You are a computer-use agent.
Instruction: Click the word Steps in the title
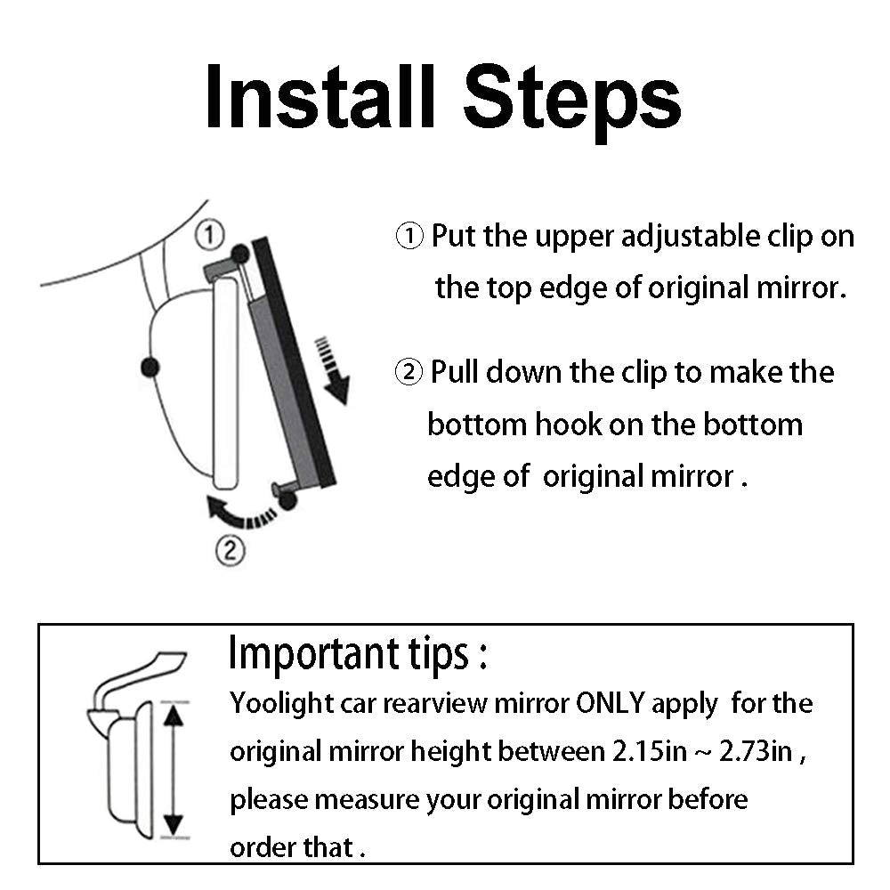pyautogui.click(x=572, y=102)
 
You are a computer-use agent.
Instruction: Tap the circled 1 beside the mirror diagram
pyautogui.click(x=209, y=234)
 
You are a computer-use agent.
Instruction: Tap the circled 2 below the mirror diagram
pyautogui.click(x=230, y=550)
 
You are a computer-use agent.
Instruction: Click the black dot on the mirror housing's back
pyautogui.click(x=150, y=368)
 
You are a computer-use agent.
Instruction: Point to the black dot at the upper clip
pyautogui.click(x=240, y=254)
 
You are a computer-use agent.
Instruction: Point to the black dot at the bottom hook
pyautogui.click(x=287, y=500)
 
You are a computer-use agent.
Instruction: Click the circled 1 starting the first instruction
pyautogui.click(x=409, y=236)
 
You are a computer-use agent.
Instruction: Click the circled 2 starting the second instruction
pyautogui.click(x=409, y=372)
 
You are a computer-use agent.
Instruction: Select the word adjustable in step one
pyautogui.click(x=691, y=238)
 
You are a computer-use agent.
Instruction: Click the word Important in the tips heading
pyautogui.click(x=314, y=654)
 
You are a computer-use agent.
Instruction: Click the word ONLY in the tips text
pyautogui.click(x=609, y=703)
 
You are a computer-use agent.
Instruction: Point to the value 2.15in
pyautogui.click(x=650, y=751)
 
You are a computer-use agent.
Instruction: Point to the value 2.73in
pyautogui.click(x=756, y=751)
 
